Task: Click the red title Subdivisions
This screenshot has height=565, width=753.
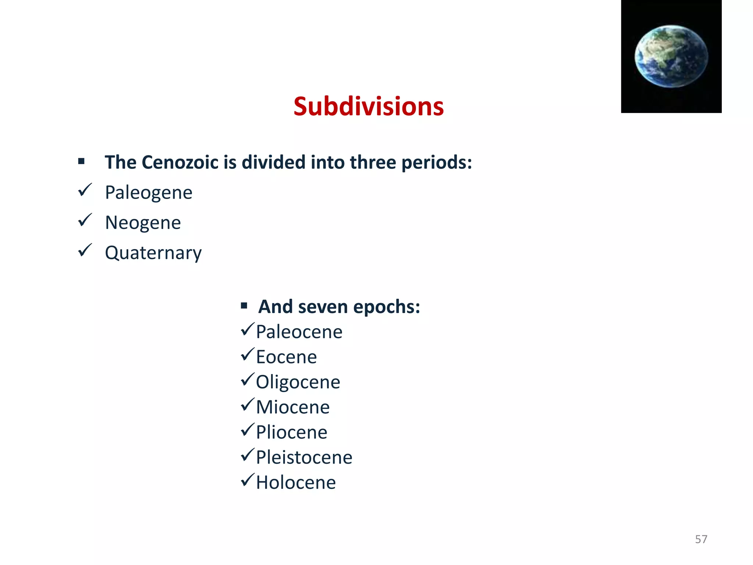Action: point(368,106)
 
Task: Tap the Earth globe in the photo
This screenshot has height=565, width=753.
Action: point(671,56)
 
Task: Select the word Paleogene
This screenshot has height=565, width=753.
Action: point(149,192)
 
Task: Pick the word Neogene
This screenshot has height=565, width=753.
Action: point(143,223)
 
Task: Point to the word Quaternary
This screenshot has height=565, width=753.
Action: point(153,253)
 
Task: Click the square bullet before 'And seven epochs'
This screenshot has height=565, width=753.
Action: point(244,306)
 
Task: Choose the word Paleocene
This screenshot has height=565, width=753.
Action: point(299,332)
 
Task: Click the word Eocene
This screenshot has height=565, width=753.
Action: point(286,357)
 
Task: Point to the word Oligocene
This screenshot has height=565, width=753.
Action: point(298,382)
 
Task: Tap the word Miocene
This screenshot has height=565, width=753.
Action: point(293,407)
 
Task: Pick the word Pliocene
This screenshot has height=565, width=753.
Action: point(292,432)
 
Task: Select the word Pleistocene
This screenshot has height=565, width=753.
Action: point(304,457)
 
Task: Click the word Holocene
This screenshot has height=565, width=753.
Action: point(296,482)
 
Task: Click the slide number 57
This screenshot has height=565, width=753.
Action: point(701,539)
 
